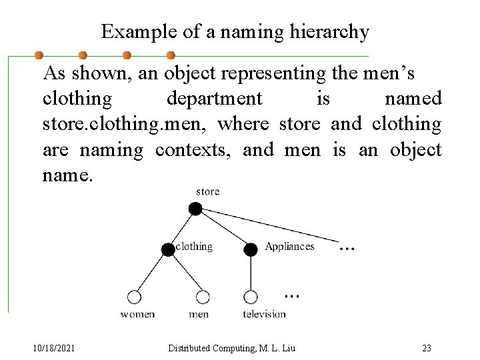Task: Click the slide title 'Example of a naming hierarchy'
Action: pyautogui.click(x=235, y=32)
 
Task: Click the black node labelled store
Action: pyautogui.click(x=195, y=209)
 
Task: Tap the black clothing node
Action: pyautogui.click(x=167, y=250)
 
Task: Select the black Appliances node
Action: pyautogui.click(x=251, y=250)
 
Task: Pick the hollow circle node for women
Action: pyautogui.click(x=134, y=296)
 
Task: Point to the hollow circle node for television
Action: pyautogui.click(x=251, y=296)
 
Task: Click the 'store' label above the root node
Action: pyautogui.click(x=207, y=192)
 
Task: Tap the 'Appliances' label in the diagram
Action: pyautogui.click(x=289, y=247)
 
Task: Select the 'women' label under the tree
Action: pyautogui.click(x=137, y=314)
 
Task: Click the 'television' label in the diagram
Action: pyautogui.click(x=264, y=314)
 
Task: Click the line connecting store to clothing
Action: pyautogui.click(x=181, y=229)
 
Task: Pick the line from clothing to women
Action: pyautogui.click(x=151, y=272)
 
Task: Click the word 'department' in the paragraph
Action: pyautogui.click(x=214, y=99)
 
